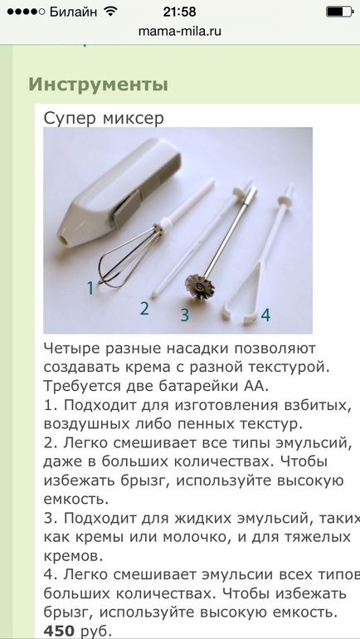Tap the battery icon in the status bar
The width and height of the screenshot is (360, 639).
338,12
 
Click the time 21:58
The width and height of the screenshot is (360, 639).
180,12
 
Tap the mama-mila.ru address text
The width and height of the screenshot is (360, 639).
180,32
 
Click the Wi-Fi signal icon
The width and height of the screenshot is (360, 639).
109,12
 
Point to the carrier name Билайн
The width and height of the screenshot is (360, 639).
73,12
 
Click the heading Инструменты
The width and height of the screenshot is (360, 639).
98,85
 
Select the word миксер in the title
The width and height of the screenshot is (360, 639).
133,119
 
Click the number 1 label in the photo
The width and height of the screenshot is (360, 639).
90,288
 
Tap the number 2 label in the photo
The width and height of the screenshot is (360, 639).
144,309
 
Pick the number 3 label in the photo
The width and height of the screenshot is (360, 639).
185,315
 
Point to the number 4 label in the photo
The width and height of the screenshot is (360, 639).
265,315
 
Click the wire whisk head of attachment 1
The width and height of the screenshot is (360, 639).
126,259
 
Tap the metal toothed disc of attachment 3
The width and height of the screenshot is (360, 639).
200,285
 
